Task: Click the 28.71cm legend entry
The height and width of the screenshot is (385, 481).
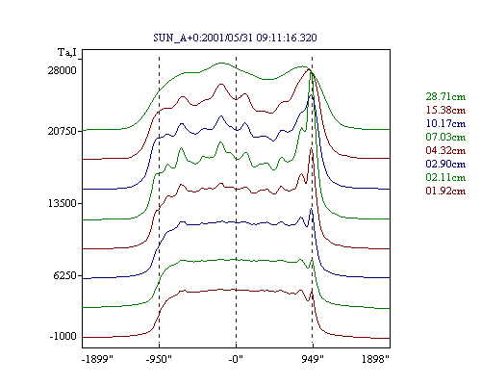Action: point(445,96)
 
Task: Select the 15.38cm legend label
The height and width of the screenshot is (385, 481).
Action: point(445,110)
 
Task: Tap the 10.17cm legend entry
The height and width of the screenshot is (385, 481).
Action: point(445,123)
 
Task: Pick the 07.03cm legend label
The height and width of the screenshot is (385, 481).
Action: point(445,137)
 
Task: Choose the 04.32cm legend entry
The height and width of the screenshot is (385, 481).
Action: point(445,150)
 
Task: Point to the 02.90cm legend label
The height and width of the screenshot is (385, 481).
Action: point(445,164)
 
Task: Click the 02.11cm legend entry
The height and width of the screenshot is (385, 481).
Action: point(445,177)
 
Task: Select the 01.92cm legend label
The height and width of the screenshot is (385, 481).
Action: point(445,191)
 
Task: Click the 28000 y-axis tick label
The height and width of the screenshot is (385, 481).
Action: point(63,70)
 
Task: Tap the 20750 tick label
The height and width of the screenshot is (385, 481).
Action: point(63,131)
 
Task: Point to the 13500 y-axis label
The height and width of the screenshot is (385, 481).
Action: point(63,203)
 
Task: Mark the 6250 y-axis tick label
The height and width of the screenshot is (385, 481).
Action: point(65,275)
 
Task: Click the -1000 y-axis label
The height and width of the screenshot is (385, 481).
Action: point(63,336)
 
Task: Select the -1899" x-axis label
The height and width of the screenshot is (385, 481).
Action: point(98,359)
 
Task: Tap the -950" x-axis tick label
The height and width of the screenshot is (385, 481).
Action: point(159,359)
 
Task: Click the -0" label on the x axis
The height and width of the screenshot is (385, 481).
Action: point(236,359)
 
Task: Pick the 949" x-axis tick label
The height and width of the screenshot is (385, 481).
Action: point(313,359)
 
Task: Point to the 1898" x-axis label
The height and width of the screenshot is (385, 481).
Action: point(375,359)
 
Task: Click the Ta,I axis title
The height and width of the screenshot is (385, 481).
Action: point(67,52)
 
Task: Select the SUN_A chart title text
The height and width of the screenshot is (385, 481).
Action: point(235,38)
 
